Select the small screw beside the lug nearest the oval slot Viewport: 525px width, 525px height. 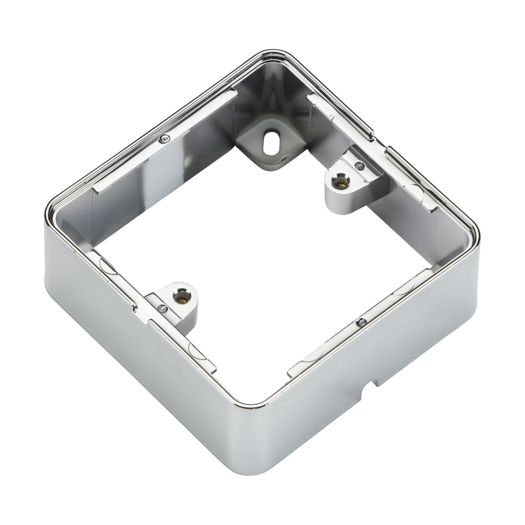point(359,165)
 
